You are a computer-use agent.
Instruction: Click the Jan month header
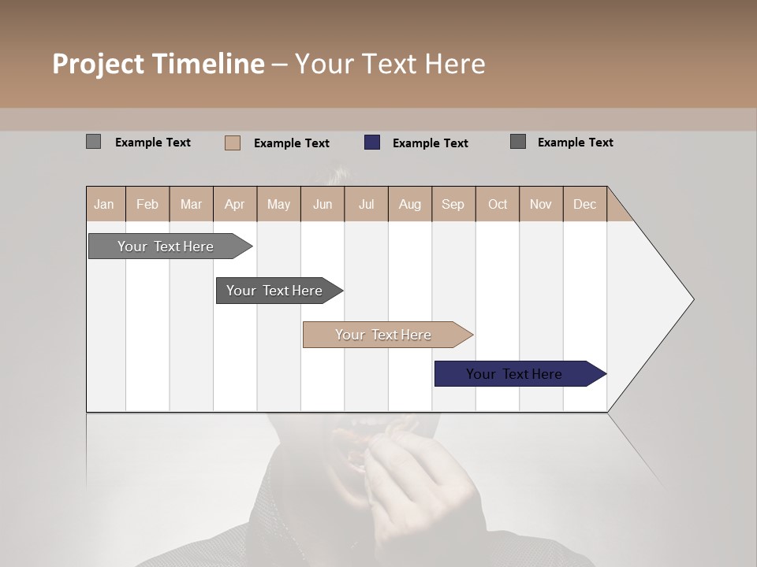(104, 204)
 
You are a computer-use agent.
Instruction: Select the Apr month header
(234, 204)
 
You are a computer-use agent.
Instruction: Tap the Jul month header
(366, 204)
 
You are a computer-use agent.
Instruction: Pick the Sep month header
(453, 204)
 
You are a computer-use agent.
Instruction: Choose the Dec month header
(584, 204)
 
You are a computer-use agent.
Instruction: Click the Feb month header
(147, 204)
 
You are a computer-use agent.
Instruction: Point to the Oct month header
(498, 204)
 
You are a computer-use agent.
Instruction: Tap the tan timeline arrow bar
(384, 335)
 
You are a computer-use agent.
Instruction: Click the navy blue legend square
(372, 143)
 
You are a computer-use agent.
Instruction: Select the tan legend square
(233, 143)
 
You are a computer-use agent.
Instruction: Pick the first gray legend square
(93, 142)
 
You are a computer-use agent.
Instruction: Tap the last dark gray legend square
(518, 142)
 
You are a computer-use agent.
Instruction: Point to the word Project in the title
(98, 64)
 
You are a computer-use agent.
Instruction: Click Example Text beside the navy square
(430, 143)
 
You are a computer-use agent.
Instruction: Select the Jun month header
(323, 204)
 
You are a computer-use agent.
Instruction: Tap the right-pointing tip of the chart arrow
(691, 298)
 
